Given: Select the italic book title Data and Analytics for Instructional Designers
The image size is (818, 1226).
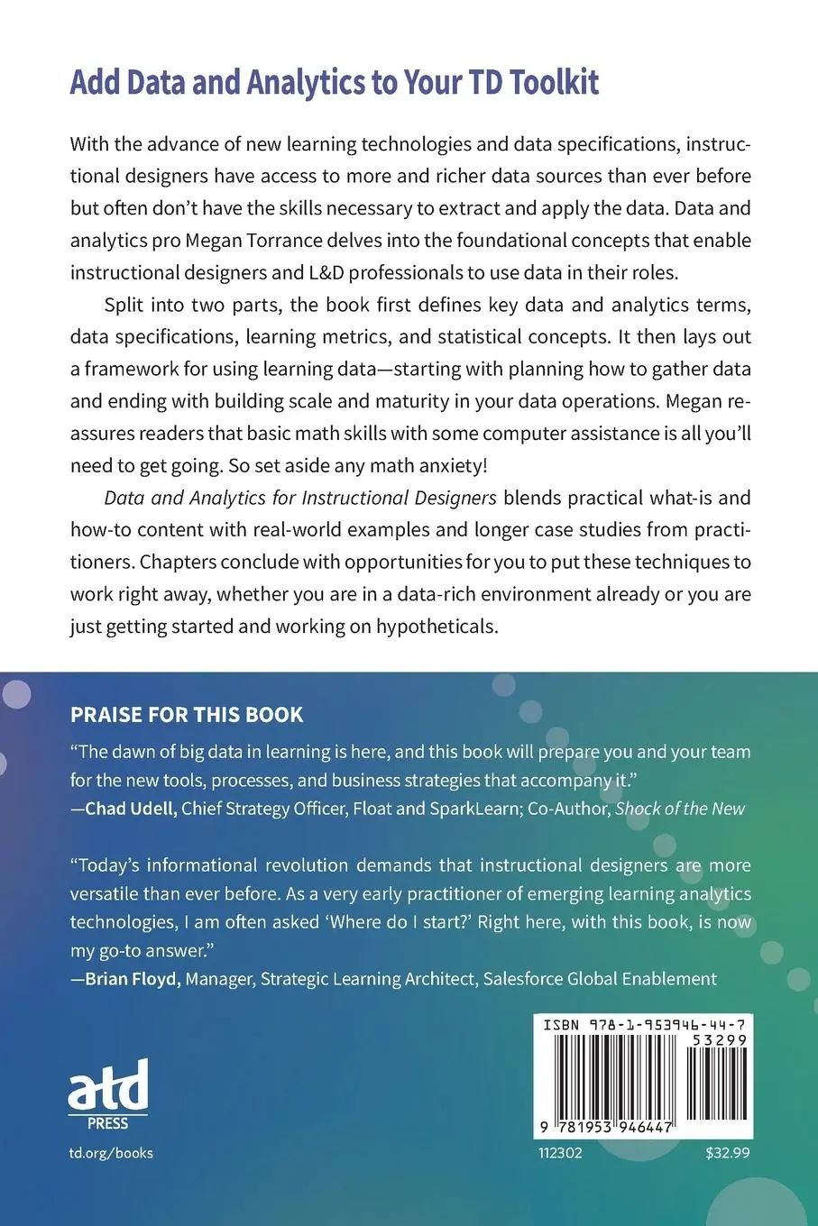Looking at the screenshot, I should (x=300, y=498).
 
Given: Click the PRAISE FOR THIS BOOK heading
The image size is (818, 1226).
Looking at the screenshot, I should (x=187, y=715).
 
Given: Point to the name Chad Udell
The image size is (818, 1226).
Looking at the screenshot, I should (x=131, y=808).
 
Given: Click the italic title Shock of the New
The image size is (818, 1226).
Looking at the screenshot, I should (x=680, y=808).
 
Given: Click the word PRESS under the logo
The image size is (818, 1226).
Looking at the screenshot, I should (x=108, y=1124).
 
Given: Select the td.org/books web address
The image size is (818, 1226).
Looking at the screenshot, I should (x=111, y=1153).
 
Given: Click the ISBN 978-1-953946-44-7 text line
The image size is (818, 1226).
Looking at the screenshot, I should (x=644, y=1025).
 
